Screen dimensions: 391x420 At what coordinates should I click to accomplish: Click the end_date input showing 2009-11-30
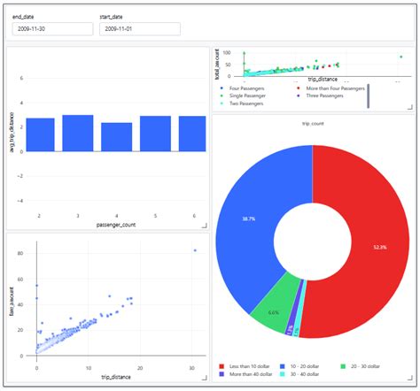click(51, 28)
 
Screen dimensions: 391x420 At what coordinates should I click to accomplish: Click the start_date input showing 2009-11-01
click(139, 28)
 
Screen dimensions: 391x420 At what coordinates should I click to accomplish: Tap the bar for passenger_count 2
click(40, 133)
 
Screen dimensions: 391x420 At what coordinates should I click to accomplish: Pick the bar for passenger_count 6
click(192, 132)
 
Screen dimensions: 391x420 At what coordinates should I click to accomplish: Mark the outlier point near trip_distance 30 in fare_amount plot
click(194, 251)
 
